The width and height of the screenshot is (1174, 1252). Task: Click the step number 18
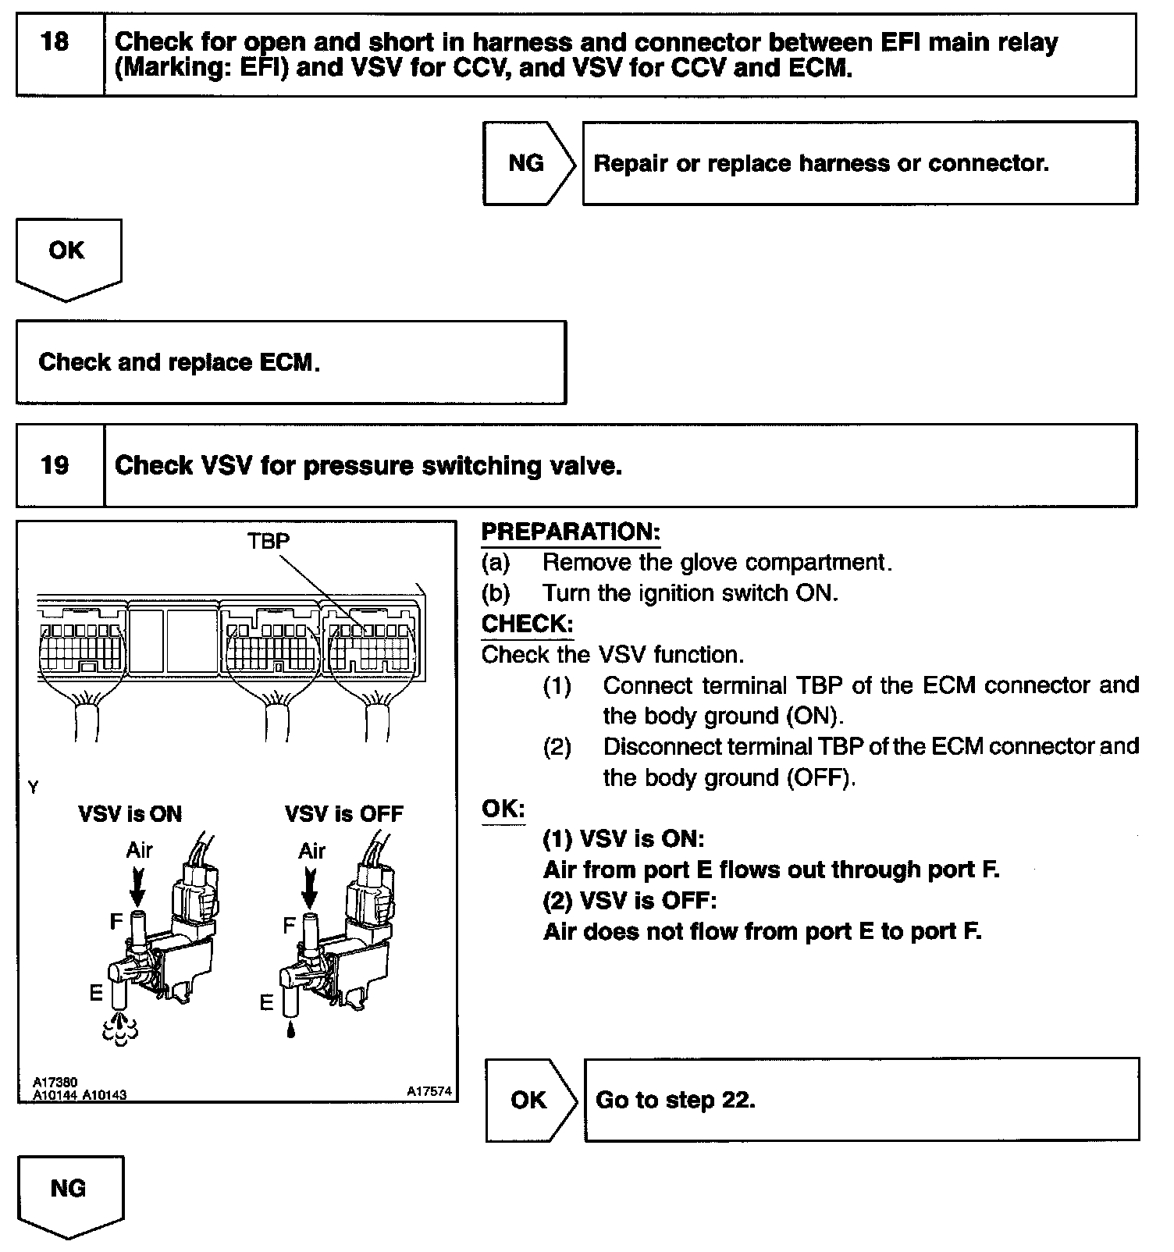pos(55,41)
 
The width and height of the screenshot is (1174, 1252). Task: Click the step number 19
pos(55,466)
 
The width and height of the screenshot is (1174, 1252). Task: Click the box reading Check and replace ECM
pos(290,363)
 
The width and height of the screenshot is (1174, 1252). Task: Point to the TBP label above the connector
pos(269,542)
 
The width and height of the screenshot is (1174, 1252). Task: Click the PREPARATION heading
pos(571,532)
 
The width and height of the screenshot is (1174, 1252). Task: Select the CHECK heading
pos(527,624)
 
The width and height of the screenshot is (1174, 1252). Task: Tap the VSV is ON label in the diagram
pos(130,815)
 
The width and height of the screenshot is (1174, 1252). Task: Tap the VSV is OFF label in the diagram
pos(344,815)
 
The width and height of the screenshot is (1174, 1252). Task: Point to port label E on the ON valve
pos(96,992)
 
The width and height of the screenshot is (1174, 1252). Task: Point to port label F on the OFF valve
pos(288,926)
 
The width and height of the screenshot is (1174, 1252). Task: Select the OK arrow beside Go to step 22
pos(529,1101)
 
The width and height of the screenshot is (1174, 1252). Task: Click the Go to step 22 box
pos(861,1101)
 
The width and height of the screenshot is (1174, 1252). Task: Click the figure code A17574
pos(429,1092)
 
